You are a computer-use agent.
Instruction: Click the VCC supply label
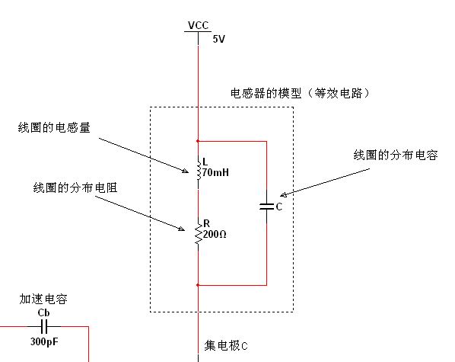(x=198, y=25)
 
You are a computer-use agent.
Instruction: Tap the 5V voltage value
(x=219, y=39)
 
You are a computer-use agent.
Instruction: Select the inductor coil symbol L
(x=199, y=169)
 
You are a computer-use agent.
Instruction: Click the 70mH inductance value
(x=215, y=173)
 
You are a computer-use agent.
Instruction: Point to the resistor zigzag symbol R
(x=199, y=233)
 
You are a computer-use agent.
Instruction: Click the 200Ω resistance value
(x=215, y=234)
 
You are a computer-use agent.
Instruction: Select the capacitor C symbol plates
(x=266, y=207)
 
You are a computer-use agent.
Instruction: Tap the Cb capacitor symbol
(x=44, y=326)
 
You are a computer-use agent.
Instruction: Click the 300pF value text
(x=44, y=341)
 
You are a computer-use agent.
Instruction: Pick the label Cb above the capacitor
(x=43, y=313)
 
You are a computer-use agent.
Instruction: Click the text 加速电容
(x=43, y=300)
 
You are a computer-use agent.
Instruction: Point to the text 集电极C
(x=226, y=346)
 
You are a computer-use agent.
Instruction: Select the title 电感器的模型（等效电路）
(x=300, y=93)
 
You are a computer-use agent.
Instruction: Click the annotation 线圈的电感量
(x=54, y=127)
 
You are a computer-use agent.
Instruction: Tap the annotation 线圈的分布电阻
(x=75, y=187)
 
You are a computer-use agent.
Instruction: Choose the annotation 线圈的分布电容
(x=396, y=155)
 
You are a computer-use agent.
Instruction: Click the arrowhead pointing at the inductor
(x=185, y=171)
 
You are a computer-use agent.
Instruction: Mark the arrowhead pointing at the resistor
(x=181, y=229)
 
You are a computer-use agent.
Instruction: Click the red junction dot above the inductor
(x=198, y=141)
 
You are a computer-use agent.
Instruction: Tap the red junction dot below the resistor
(x=198, y=285)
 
